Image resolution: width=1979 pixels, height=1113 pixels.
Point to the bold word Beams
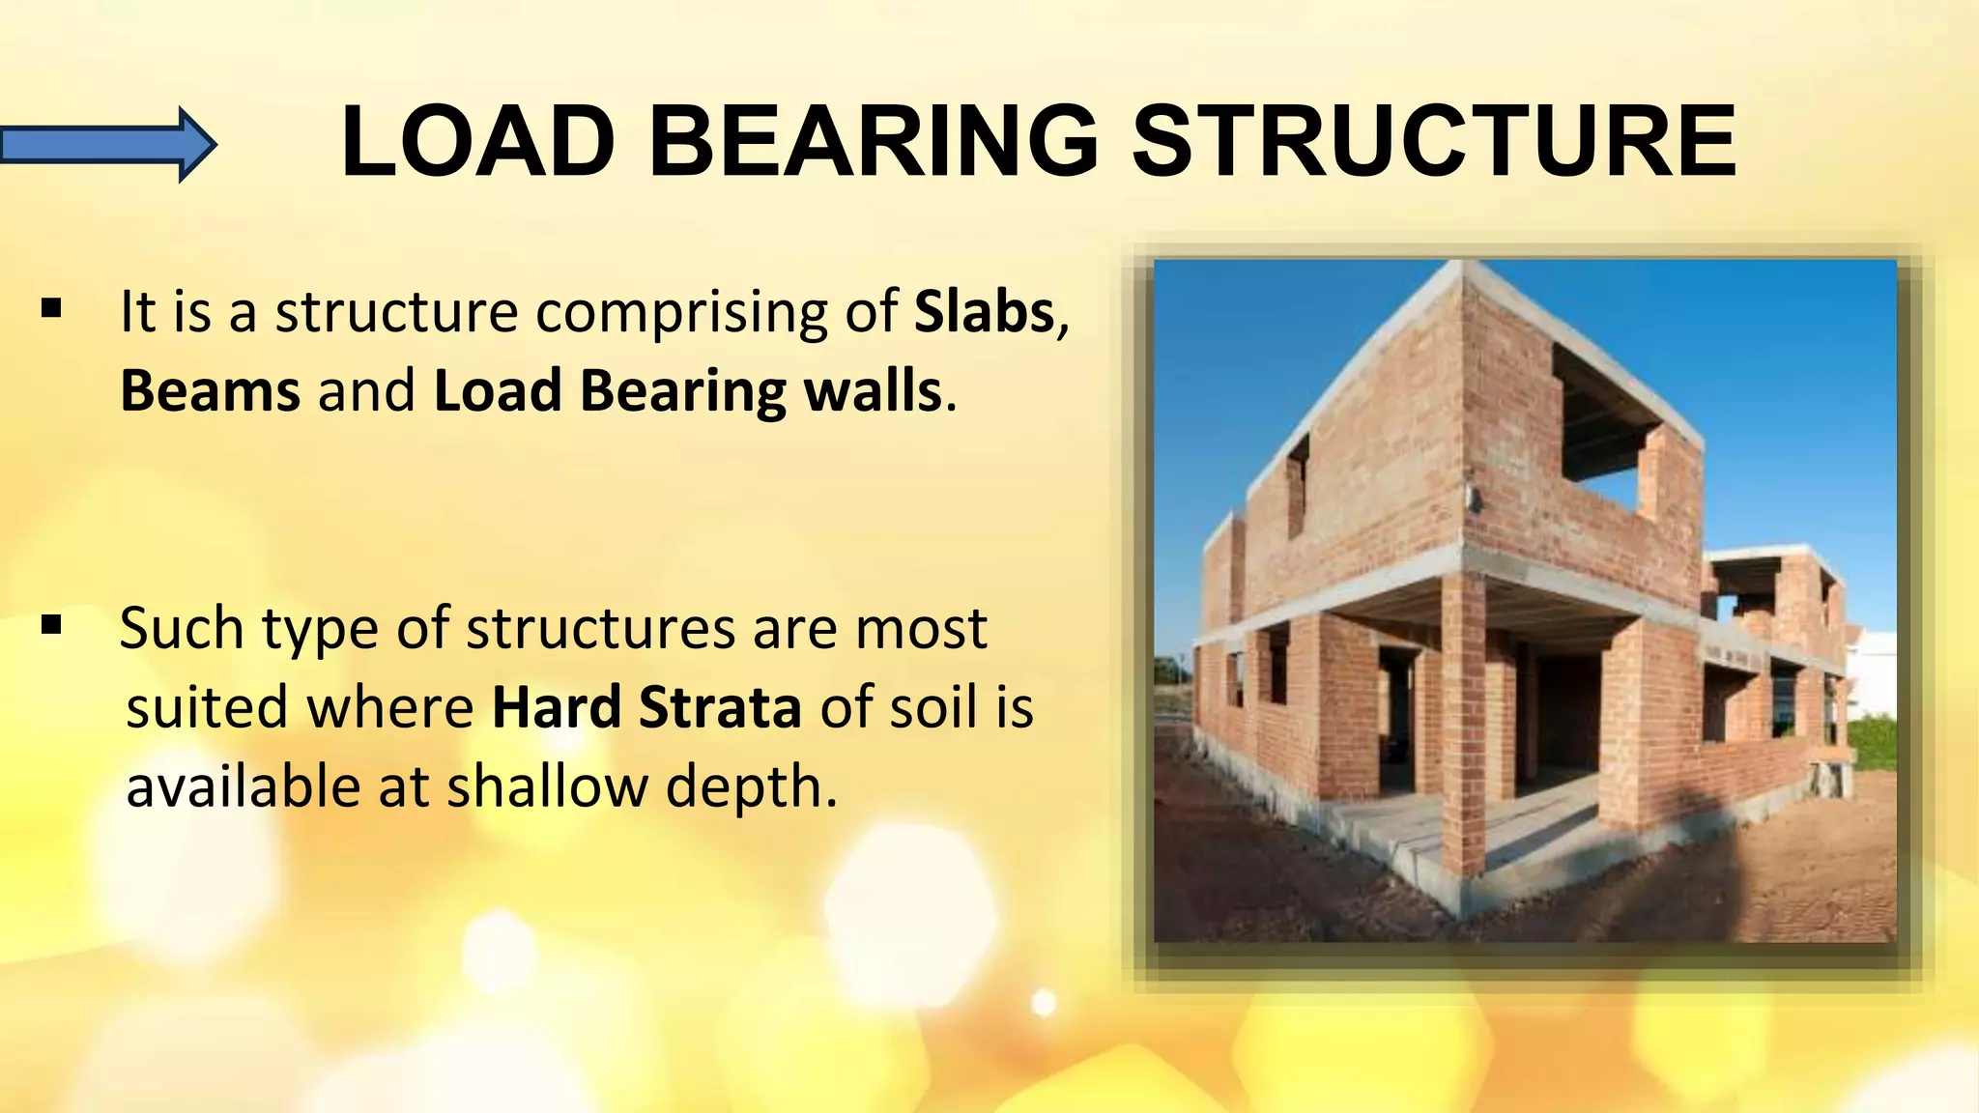[210, 391]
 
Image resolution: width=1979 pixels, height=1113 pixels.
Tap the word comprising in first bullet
[681, 314]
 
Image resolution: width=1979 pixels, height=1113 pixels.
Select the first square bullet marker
[52, 309]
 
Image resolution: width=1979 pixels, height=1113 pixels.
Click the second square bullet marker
[52, 625]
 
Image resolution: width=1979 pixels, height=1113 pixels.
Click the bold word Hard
[556, 707]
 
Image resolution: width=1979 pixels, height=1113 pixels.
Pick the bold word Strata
[720, 707]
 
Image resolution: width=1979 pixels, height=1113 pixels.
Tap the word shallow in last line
[546, 786]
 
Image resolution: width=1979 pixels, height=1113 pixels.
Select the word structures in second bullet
[600, 629]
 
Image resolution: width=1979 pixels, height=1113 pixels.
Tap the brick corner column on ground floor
[1462, 725]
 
